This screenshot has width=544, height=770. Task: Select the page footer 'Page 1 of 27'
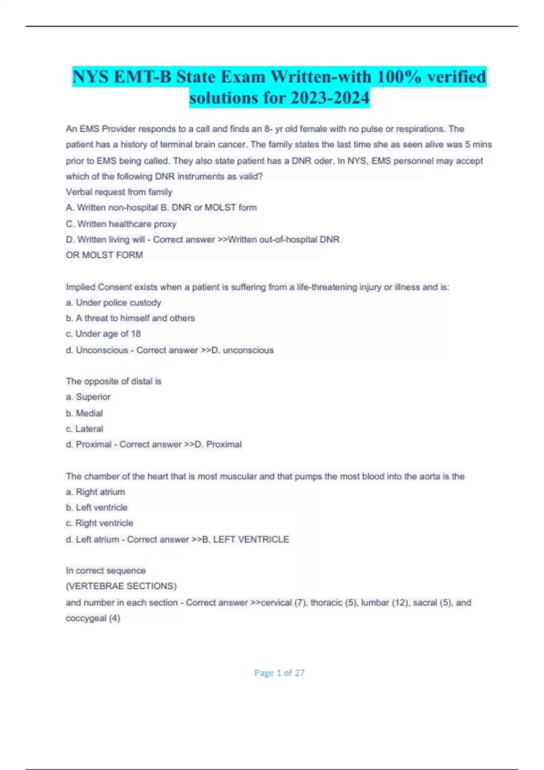(279, 673)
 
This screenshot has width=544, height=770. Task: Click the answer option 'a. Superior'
(88, 397)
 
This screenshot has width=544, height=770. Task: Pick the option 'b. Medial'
(84, 413)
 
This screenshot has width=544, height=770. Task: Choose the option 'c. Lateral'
(84, 428)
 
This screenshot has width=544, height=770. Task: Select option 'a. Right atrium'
(95, 492)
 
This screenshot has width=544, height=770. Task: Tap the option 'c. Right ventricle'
(99, 523)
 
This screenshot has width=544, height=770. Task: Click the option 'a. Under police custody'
(113, 303)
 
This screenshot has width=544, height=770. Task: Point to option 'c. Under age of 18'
(103, 334)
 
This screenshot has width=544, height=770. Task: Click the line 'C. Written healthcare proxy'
(121, 224)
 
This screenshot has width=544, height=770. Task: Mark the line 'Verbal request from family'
(119, 192)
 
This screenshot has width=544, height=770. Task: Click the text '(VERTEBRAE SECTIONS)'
(121, 586)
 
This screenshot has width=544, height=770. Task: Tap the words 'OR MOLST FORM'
(104, 255)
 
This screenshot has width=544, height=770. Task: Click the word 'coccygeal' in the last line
(86, 618)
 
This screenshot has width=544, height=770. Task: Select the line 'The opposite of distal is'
(113, 381)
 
